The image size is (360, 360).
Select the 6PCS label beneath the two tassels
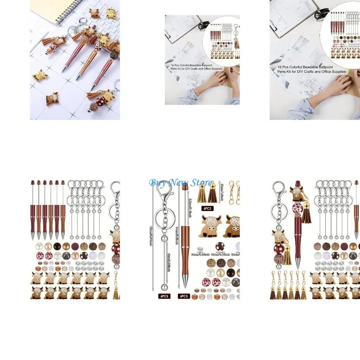pos(207,208)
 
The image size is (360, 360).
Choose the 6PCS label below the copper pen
pos(184,296)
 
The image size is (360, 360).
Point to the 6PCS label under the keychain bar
pos(164,296)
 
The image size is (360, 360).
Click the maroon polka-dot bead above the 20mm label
pos(221,246)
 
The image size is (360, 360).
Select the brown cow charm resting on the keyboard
pos(94,13)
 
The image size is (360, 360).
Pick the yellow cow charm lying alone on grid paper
pos(39,75)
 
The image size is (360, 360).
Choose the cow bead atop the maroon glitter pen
pos(297,192)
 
